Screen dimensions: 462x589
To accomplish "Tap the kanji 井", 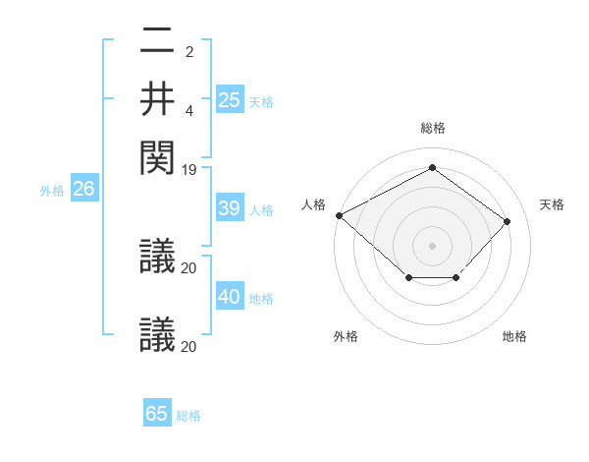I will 157,98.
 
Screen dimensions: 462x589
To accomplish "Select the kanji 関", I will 157,154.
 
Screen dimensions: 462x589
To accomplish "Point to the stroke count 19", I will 189,170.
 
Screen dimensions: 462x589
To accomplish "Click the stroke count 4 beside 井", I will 189,110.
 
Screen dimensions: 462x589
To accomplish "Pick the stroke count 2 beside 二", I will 189,52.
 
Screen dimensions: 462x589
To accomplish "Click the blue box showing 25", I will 230,100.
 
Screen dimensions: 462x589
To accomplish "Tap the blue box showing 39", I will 230,208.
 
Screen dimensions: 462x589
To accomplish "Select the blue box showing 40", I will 230,297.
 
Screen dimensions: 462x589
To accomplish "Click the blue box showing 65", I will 157,414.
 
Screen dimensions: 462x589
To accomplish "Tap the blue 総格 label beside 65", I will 188,416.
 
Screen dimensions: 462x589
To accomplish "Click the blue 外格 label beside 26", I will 52,192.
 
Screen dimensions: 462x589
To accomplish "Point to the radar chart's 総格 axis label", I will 432,128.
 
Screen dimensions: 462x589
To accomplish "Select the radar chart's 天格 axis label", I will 552,204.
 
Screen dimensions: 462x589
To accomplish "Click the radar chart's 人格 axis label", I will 313,204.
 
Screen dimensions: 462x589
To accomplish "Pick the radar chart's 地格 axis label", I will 514,337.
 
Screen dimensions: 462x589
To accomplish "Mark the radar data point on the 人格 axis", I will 339,215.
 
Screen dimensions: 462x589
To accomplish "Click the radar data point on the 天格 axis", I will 507,221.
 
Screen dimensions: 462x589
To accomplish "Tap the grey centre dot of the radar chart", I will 432,245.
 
